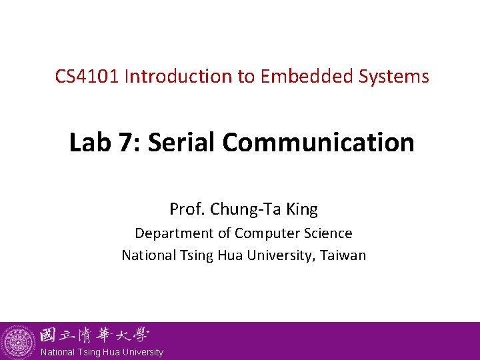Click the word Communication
click(319, 142)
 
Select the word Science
click(327, 233)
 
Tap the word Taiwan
click(343, 255)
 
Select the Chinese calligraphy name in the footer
click(94, 335)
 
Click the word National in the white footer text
click(58, 352)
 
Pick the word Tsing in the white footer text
click(90, 352)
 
